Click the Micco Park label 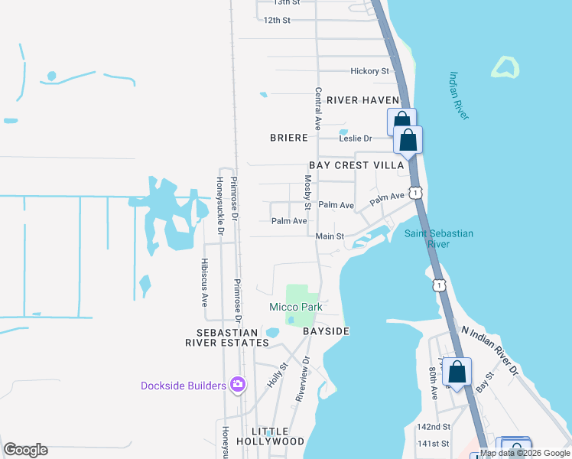click(295, 307)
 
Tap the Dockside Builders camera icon click(238, 384)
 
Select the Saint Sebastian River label click(438, 239)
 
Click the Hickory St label click(369, 71)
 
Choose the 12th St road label click(277, 20)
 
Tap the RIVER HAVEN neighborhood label click(362, 100)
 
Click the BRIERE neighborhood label click(289, 138)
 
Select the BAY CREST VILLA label click(356, 165)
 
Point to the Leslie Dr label click(356, 138)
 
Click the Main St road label click(330, 236)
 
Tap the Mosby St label click(307, 192)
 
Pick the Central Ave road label click(317, 107)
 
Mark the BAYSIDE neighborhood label click(326, 331)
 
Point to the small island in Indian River click(505, 67)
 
